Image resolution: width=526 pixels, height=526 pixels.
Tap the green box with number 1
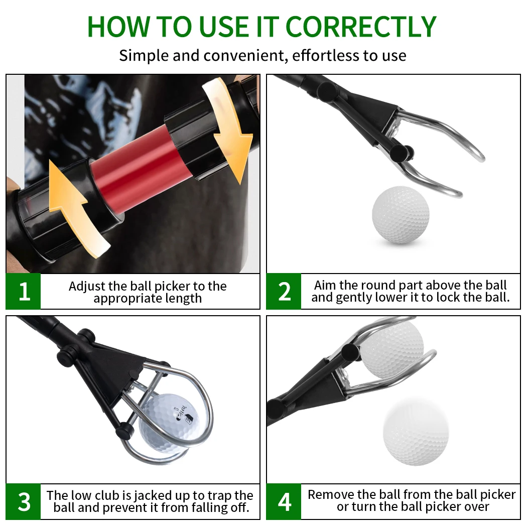click(24, 292)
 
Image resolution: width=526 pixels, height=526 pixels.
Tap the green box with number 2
click(284, 292)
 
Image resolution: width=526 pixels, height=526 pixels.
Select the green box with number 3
click(24, 502)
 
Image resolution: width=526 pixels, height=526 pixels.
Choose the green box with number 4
click(284, 502)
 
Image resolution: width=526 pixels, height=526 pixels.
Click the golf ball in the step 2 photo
click(401, 215)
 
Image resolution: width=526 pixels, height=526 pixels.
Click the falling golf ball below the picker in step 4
click(416, 432)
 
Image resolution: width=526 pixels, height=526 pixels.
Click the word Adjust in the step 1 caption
click(86, 286)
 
